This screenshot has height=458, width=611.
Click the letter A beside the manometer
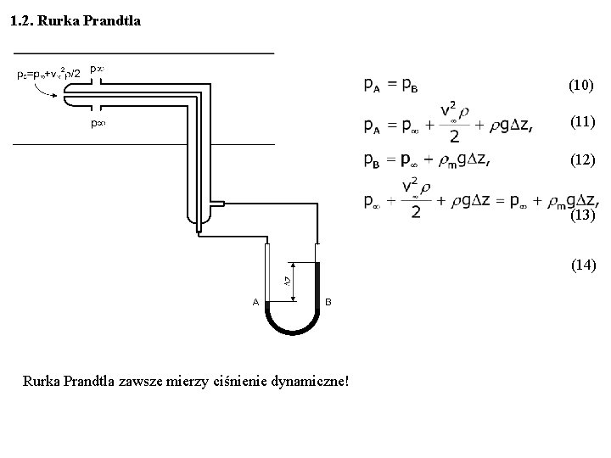tap(255, 302)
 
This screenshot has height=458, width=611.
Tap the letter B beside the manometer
tap(328, 302)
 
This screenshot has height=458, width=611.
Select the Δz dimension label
tap(288, 281)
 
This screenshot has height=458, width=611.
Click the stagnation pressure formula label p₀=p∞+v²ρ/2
tap(49, 75)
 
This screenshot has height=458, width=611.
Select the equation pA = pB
tap(391, 85)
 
